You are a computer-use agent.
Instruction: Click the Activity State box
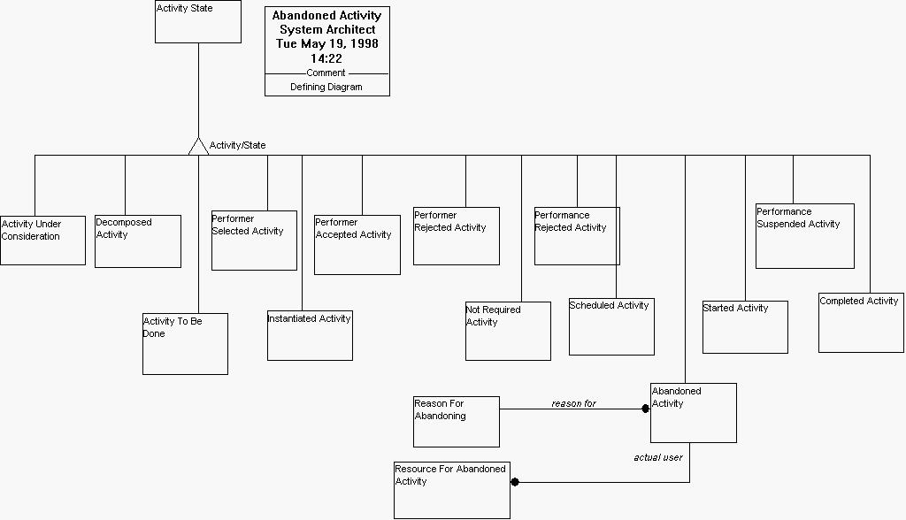pos(198,22)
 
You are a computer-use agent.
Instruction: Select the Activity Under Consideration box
pos(42,241)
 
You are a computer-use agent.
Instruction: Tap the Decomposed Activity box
pos(138,241)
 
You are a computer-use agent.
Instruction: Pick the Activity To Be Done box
pos(185,344)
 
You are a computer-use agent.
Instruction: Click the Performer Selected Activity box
pos(254,241)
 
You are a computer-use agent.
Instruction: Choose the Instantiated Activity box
pos(310,336)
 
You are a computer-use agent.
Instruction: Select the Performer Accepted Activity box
pos(357,245)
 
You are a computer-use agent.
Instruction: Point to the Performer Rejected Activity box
pos(457,236)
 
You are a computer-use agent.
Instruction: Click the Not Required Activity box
pos(508,332)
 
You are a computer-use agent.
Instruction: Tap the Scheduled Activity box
pos(611,327)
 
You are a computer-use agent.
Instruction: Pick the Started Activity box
pos(745,327)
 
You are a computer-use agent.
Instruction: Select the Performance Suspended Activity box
pos(805,236)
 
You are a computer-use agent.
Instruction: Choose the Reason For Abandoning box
pos(457,422)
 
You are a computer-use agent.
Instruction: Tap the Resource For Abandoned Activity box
pos(452,490)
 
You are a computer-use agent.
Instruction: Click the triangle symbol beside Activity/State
pos(198,147)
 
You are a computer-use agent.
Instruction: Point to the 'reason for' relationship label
pos(574,404)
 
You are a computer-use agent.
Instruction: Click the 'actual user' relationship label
pos(658,458)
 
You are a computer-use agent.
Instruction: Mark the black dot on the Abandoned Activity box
pos(646,409)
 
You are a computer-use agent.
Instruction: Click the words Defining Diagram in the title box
pos(326,88)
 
